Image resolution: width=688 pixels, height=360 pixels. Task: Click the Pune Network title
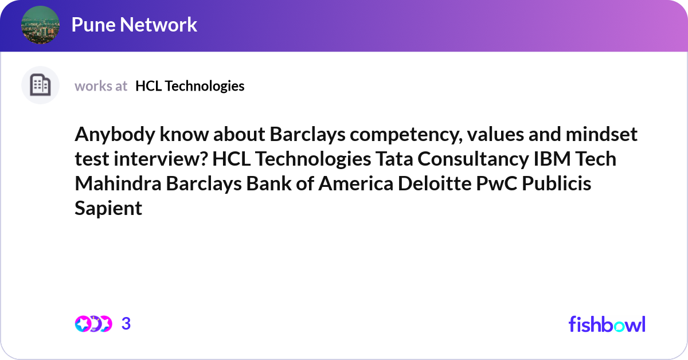pyautogui.click(x=134, y=25)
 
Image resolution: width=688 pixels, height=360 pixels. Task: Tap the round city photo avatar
pyautogui.click(x=40, y=25)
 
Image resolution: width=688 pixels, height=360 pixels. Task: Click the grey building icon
pyautogui.click(x=40, y=85)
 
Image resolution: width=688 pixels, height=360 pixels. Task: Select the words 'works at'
pyautogui.click(x=101, y=86)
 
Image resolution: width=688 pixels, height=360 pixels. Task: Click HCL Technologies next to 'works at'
pyautogui.click(x=190, y=86)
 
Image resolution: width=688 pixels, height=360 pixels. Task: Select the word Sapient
pyautogui.click(x=108, y=208)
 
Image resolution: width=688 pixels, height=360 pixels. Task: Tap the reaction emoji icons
pyautogui.click(x=93, y=324)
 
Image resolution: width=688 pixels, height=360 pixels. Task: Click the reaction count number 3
pyautogui.click(x=126, y=324)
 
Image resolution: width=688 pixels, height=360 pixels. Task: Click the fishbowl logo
pyautogui.click(x=607, y=324)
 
